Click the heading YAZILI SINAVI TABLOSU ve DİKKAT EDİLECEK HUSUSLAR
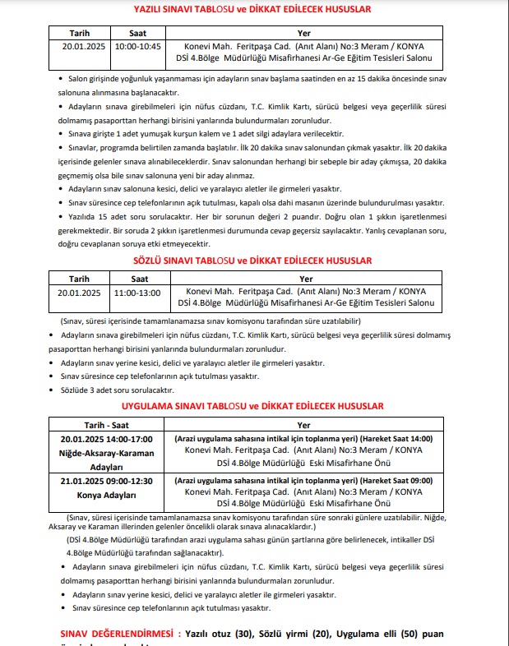252,10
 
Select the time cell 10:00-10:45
138,46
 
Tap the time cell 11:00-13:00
138,292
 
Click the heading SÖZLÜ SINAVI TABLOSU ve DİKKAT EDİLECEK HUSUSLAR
252,261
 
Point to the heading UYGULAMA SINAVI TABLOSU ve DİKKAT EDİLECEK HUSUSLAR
252,407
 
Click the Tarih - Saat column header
106,425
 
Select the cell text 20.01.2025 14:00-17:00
106,440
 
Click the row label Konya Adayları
106,495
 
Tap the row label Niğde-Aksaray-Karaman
106,454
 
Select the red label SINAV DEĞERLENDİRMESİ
121,634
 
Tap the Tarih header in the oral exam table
79,279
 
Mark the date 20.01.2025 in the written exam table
79,46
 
